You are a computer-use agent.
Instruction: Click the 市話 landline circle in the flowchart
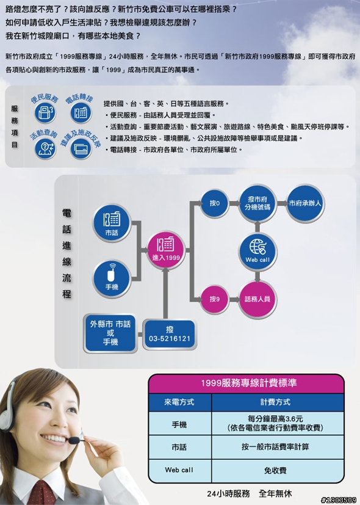coord(112,223)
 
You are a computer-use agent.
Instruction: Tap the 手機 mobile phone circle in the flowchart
coord(112,278)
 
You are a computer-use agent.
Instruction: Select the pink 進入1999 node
coord(166,250)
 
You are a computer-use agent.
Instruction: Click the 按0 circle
coord(215,203)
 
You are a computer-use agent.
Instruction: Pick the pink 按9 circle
coord(215,299)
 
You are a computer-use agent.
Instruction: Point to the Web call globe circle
coord(257,252)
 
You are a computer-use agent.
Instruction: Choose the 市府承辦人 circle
coord(305,203)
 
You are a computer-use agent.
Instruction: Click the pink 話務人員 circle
coord(257,299)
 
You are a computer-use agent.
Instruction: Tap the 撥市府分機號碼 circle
coord(257,203)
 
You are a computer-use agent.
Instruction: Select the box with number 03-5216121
coord(170,334)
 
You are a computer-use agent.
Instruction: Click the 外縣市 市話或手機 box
coord(110,333)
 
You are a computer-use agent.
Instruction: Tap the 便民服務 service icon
coord(45,113)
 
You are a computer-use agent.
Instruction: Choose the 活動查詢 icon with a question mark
coord(45,148)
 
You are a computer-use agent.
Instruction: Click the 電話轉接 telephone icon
coord(81,113)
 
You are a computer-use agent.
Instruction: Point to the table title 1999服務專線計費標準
coord(249,383)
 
